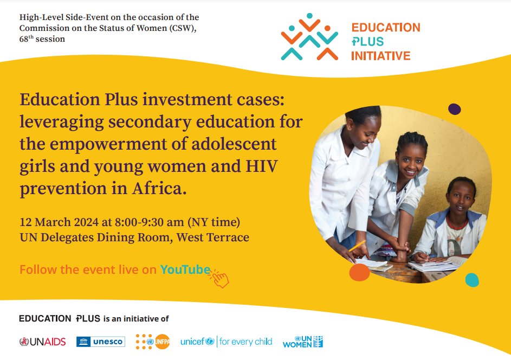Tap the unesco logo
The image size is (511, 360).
(101, 342)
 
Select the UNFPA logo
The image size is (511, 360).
(153, 342)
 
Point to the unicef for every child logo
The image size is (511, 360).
(226, 342)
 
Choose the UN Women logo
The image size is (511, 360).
(302, 342)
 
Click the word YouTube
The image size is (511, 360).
(185, 269)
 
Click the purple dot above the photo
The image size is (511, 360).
(455, 109)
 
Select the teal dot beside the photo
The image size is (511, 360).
(472, 280)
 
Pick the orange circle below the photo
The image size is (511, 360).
(359, 272)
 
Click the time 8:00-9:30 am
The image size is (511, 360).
(154, 222)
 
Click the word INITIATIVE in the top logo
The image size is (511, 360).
(380, 55)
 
